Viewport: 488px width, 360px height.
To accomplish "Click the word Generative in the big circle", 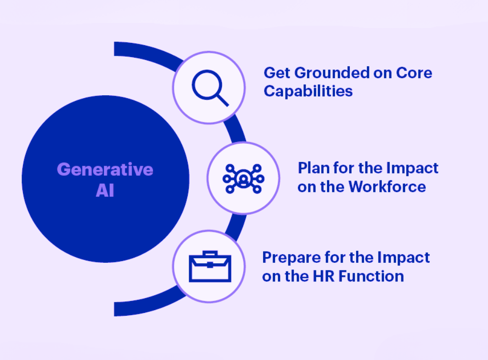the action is coord(105,170).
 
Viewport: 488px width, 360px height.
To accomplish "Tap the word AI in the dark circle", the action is coord(105,190).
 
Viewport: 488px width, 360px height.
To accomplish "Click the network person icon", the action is coord(244,179).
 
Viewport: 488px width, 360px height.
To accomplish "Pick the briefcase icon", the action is coord(210,266).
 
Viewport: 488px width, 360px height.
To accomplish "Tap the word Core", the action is coord(414,73).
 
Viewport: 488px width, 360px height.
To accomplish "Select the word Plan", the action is coord(314,168).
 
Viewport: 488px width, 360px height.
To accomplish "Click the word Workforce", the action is coord(387,187).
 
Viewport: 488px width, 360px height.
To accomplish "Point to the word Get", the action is coord(277,73).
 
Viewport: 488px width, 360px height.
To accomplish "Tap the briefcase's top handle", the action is coord(210,253).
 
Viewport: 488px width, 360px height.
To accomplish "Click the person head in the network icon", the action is coord(244,179).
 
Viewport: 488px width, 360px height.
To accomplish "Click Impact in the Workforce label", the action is coord(412,169).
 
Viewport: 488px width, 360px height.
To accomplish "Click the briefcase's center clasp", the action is coord(210,265).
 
